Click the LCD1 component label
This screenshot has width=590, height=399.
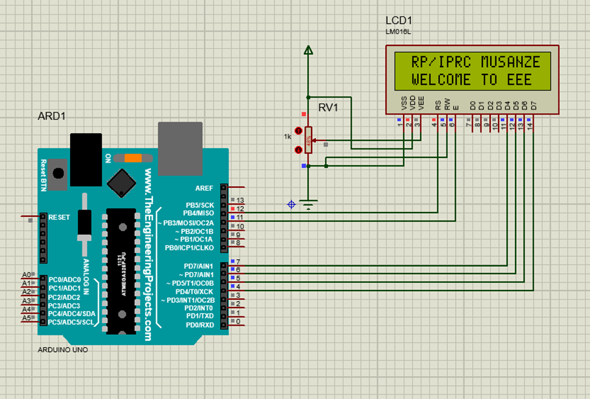pos(399,20)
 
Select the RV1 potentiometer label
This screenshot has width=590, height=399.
pos(329,108)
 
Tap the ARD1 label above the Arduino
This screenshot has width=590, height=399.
pos(51,116)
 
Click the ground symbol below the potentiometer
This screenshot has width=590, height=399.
pos(309,205)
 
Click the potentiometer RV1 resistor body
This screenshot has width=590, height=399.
pos(309,139)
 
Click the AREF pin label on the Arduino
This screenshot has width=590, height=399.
pos(205,188)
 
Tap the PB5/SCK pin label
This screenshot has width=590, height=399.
pos(200,205)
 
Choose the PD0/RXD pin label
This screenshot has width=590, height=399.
pos(200,324)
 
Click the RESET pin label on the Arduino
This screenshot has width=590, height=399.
pos(59,217)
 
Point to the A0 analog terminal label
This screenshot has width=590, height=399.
pos(26,275)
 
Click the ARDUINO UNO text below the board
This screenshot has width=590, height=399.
pos(62,350)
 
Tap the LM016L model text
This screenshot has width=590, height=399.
pos(398,31)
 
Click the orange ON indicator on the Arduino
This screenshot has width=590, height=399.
pos(134,158)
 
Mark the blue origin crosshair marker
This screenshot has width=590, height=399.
pos(291,205)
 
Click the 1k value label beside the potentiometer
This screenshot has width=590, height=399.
pos(287,137)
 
